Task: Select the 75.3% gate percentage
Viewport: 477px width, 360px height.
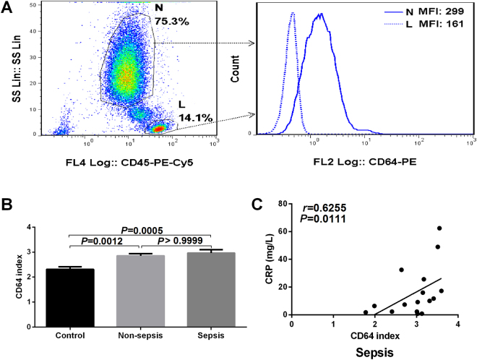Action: coord(171,22)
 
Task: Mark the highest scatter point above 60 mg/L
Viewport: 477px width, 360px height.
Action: coord(439,228)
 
